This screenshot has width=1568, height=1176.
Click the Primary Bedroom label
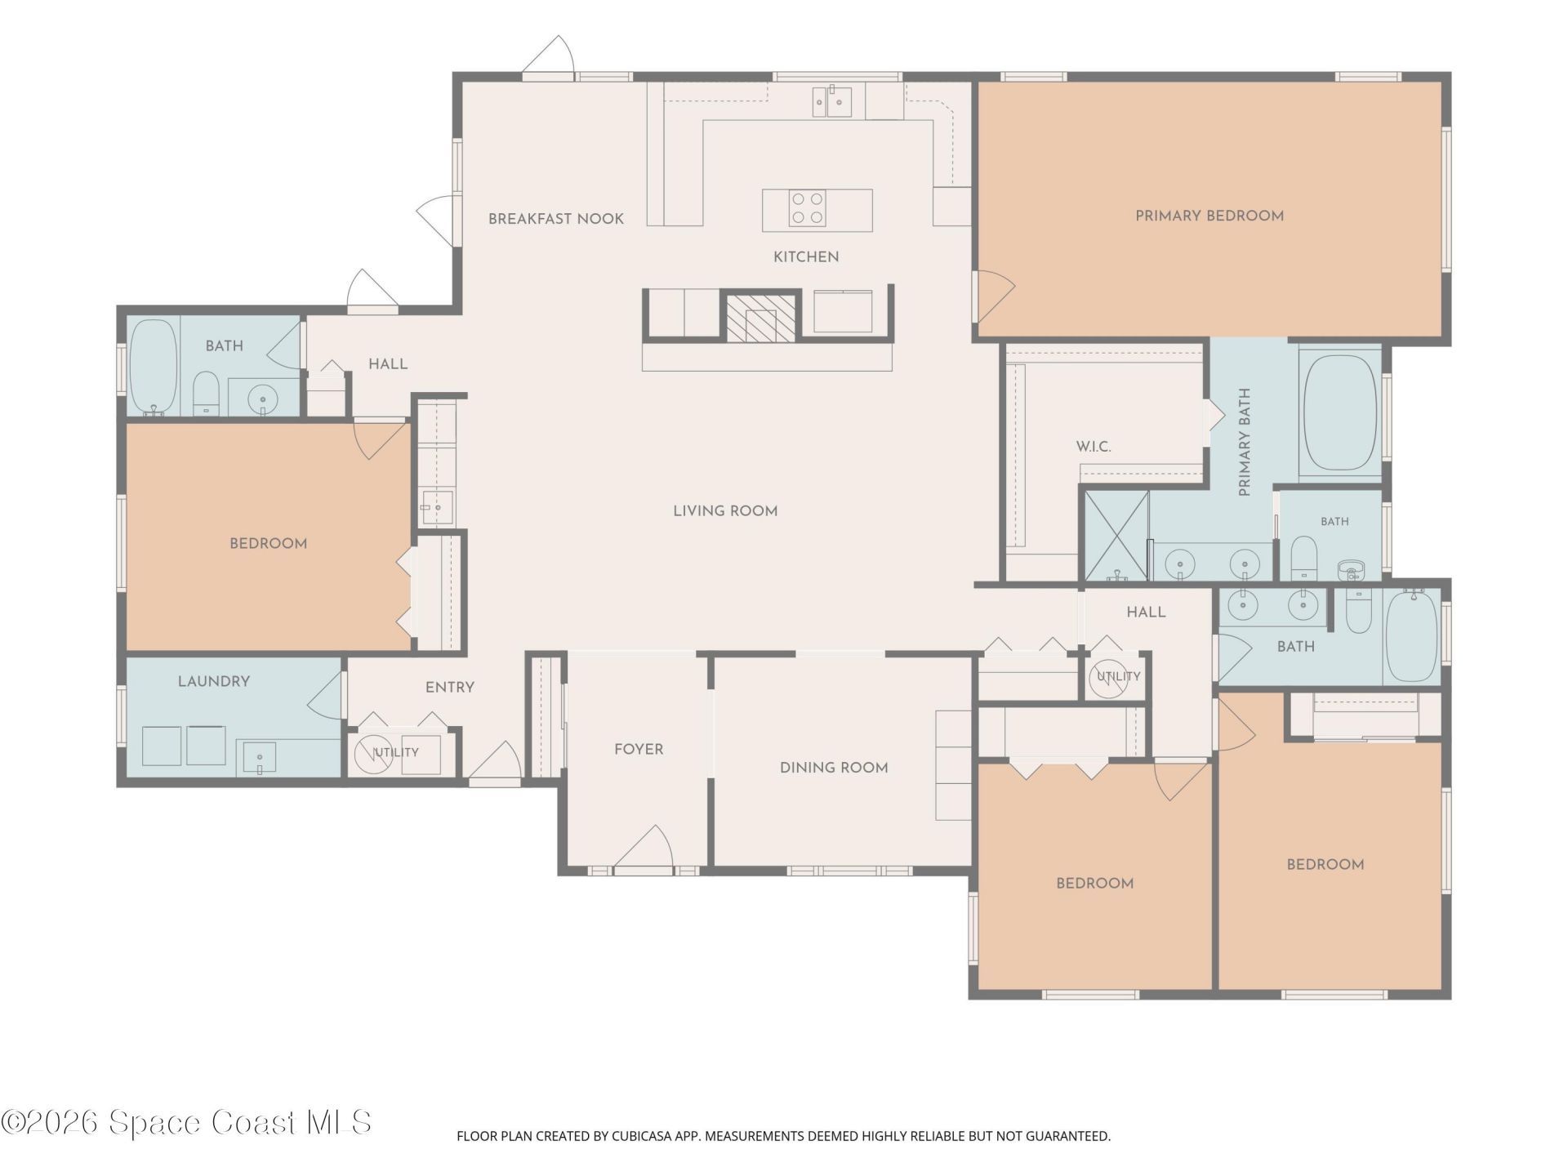pos(1209,216)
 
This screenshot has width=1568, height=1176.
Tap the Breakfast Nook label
pos(556,219)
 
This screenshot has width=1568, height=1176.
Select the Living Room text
pos(725,511)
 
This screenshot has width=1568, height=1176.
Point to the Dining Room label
pos(834,768)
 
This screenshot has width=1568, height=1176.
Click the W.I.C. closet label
pos(1094,447)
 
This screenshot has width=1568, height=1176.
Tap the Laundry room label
pos(214,681)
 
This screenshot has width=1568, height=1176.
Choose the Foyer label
pos(639,749)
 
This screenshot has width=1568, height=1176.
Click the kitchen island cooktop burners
pos(807,208)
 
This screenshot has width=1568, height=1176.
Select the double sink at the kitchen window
pos(832,102)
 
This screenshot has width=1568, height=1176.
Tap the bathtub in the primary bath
pos(1340,412)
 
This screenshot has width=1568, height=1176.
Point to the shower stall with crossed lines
pos(1116,535)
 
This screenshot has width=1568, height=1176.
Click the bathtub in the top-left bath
pos(154,367)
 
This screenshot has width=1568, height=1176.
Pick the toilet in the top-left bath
pos(206,394)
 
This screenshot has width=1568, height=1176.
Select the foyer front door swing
pos(644,846)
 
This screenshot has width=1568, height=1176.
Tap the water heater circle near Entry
pos(373,754)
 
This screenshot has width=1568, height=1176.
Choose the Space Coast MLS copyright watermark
pos(186,1122)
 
